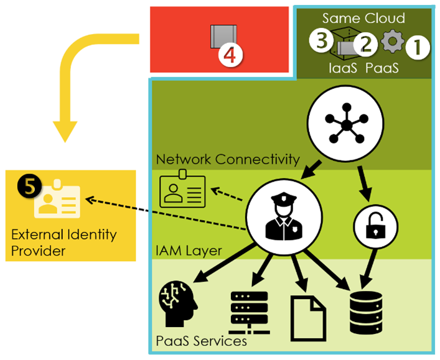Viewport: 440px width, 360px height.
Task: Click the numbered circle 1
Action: coord(418,47)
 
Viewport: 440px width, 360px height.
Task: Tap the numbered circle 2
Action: coord(366,44)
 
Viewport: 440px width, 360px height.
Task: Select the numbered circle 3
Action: coord(322,41)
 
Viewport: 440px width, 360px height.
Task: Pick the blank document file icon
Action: coord(308,313)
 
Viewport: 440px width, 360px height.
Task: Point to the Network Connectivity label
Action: coord(228,160)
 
